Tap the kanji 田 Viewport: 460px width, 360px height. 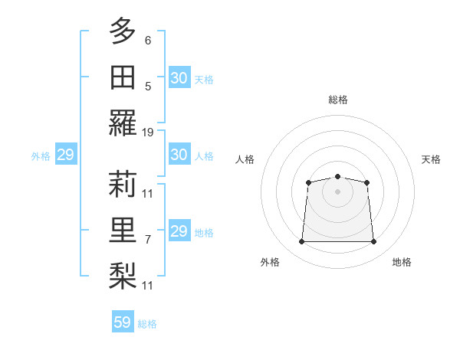pos(123,77)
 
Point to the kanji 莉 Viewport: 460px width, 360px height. pos(123,183)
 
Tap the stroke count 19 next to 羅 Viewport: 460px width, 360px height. pos(148,133)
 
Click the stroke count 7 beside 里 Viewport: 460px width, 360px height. pos(148,239)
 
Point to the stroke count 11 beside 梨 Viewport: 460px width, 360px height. pos(148,286)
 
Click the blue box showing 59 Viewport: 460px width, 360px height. pos(123,322)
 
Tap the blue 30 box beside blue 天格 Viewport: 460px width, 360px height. pos(179,78)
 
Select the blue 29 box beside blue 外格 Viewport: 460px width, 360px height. pos(65,155)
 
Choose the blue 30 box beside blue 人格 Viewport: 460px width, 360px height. pos(179,155)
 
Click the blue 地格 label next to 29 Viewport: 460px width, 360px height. pos(204,232)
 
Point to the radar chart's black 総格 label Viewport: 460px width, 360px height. pos(337,100)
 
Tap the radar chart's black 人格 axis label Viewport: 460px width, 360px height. pos(245,159)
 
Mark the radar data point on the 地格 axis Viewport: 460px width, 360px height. pos(374,242)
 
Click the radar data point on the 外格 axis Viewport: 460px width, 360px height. pos(301,242)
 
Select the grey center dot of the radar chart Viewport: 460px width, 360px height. pos(337,191)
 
